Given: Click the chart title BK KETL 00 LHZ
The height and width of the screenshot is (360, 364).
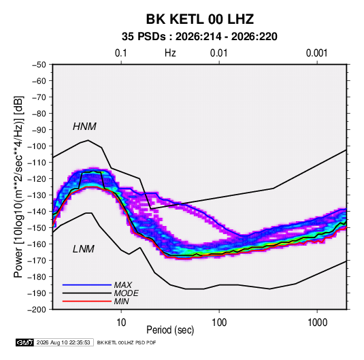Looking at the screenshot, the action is click(x=199, y=19).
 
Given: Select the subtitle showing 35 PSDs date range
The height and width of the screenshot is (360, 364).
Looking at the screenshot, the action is click(x=199, y=37).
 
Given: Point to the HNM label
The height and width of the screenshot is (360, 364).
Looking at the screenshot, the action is click(x=84, y=127).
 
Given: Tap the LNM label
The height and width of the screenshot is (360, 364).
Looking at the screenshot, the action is click(x=84, y=249).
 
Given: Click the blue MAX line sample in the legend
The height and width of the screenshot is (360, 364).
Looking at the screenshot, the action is click(x=87, y=284).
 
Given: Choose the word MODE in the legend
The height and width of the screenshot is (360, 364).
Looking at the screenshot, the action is click(x=127, y=293).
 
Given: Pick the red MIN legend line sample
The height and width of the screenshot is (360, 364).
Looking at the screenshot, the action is click(x=87, y=301).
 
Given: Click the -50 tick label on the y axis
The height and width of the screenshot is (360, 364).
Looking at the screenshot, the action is click(x=39, y=65).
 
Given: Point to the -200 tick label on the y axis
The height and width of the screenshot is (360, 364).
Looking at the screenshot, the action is click(x=37, y=310).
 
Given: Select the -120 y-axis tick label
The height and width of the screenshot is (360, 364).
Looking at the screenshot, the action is click(x=37, y=179).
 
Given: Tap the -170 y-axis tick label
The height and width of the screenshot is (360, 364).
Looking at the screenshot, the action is click(x=37, y=261).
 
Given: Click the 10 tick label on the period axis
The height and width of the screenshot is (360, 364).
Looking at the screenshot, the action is click(x=121, y=323).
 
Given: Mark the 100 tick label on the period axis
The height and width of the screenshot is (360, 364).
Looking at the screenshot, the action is click(x=219, y=323).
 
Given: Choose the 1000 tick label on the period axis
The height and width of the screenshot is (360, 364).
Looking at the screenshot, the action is click(x=317, y=323).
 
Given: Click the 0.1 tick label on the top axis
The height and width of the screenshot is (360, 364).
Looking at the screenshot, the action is click(x=121, y=53).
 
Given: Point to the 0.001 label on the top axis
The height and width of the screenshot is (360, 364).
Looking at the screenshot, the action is click(x=316, y=53).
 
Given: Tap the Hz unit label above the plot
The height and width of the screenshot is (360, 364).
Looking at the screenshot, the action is click(x=170, y=53).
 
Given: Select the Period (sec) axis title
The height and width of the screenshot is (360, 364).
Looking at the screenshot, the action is click(x=170, y=330).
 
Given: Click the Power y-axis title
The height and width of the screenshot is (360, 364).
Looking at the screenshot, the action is click(x=18, y=187).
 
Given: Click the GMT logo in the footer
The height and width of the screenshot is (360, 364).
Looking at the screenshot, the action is click(x=25, y=342).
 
